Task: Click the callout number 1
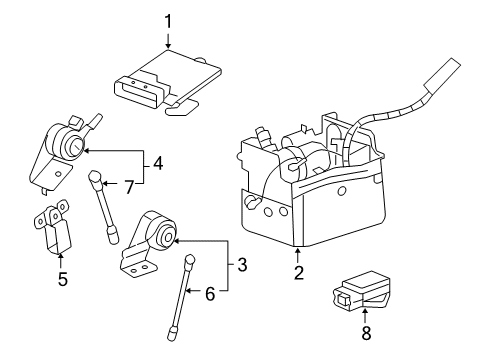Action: point(168,20)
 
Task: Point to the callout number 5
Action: point(62,280)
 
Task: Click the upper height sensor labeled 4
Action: point(66,150)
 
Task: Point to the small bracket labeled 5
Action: point(52,231)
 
